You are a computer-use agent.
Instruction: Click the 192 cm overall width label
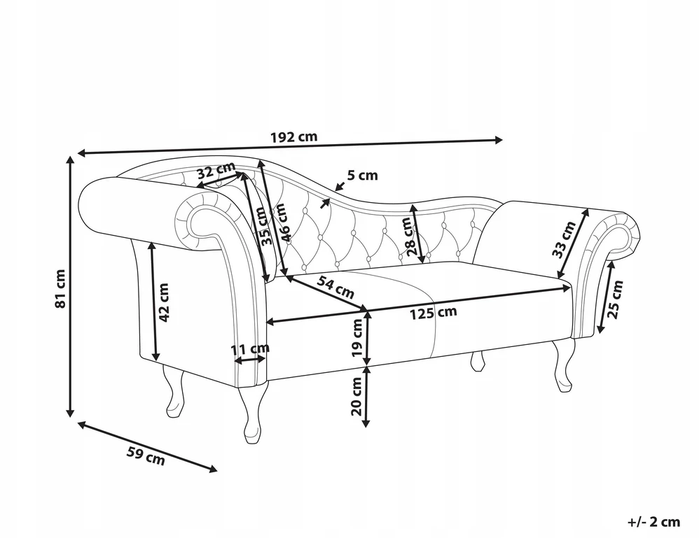coord(294,136)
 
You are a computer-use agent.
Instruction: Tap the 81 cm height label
coord(60,289)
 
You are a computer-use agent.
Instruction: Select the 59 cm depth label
coord(146,455)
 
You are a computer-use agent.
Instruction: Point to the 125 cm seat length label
coord(434,313)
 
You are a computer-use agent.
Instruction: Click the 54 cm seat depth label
coord(336,287)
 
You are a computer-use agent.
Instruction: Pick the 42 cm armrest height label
coord(164,302)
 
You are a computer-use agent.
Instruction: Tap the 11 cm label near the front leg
coord(250,348)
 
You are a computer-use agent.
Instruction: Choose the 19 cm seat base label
coord(357,338)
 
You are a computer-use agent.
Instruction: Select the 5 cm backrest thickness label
coord(362,176)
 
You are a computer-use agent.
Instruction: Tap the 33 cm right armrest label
coord(564,239)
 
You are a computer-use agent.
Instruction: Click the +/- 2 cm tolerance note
coord(654,521)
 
